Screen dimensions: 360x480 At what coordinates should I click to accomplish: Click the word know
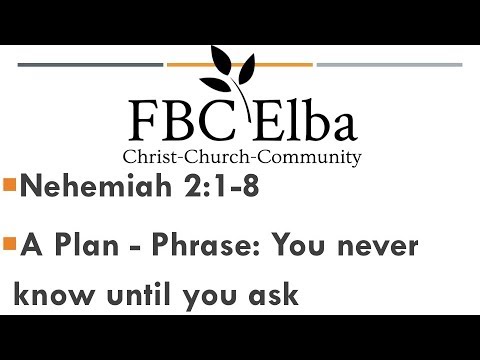click(51, 296)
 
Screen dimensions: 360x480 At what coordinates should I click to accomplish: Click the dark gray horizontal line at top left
click(91, 65)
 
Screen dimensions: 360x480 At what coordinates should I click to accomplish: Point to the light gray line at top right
click(389, 65)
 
